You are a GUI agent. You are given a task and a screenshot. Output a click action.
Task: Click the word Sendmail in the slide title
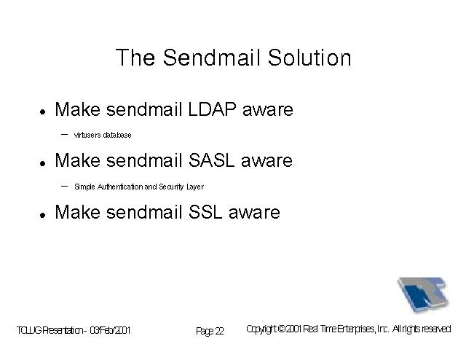pos(211,58)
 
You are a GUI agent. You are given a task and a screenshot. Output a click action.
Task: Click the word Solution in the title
pos(309,58)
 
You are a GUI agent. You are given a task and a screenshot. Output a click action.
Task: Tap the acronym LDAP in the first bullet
pos(212,109)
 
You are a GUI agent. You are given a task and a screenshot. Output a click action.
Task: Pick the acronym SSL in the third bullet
pos(205,212)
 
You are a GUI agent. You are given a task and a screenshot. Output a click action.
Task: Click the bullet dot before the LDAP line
pos(43,112)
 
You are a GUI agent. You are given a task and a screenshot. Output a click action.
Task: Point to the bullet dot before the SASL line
pos(43,163)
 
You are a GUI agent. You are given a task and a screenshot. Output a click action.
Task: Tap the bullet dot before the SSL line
pos(43,215)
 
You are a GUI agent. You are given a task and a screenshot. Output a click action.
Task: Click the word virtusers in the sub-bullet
pos(87,135)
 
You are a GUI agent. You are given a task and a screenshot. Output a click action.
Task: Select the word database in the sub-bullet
pos(117,135)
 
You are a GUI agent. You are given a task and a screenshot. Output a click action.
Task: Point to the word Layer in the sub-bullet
pos(195,187)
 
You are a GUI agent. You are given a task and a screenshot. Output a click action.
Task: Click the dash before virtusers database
pos(64,135)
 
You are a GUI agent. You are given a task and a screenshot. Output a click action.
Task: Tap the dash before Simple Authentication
pos(64,187)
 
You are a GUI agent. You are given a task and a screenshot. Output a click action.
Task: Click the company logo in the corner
pos(423,294)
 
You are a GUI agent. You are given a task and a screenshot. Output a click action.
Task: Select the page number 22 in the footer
pos(219,331)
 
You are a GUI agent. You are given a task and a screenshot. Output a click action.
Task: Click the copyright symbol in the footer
pos(282,329)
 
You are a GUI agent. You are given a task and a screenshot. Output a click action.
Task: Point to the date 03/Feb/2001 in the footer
pos(110,330)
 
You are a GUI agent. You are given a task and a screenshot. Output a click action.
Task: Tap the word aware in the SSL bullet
pos(254,213)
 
